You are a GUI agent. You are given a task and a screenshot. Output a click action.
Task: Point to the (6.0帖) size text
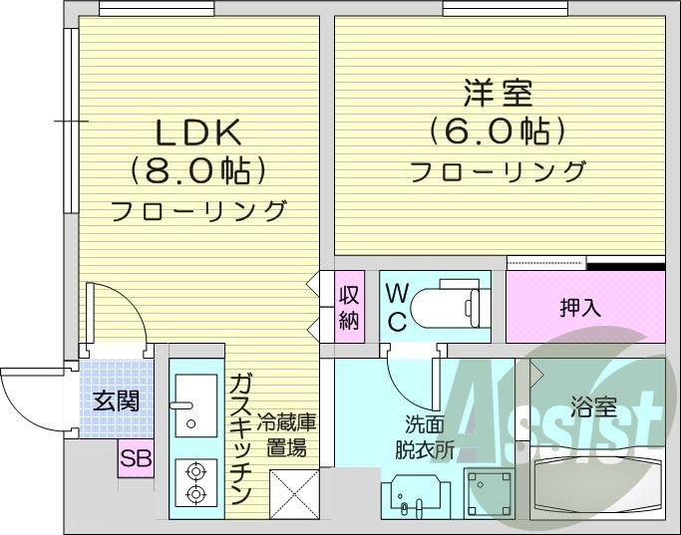[498, 131]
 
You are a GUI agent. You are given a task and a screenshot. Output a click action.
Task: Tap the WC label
[396, 307]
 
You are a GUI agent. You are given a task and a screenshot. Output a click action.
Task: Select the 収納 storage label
[348, 307]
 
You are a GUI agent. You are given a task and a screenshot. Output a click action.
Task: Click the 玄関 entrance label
[116, 401]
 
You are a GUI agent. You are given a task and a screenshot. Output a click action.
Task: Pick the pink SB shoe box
[136, 458]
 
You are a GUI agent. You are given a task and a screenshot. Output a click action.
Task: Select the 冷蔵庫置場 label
[287, 435]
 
